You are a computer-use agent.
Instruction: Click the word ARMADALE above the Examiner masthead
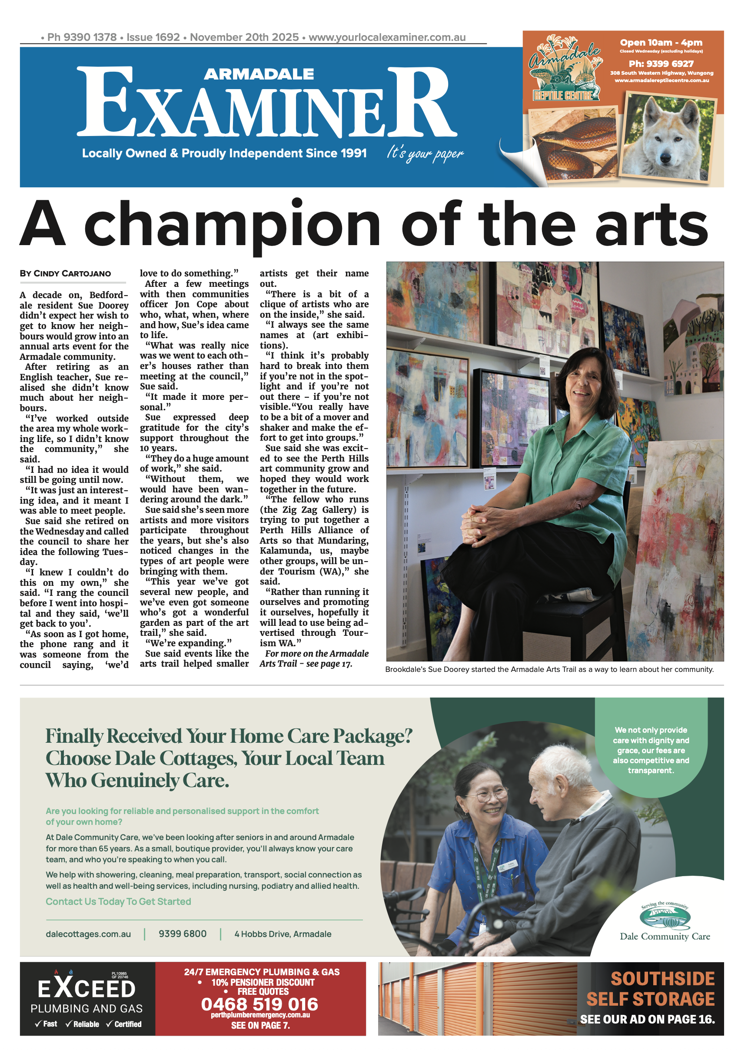(258, 74)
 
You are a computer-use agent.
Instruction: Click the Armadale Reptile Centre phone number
(661, 63)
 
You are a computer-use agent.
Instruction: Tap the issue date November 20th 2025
(244, 37)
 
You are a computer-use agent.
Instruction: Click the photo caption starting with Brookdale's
(549, 669)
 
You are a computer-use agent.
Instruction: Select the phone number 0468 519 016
(259, 1004)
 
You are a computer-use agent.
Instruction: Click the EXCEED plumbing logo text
(86, 988)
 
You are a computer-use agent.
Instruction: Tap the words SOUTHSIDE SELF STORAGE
(650, 988)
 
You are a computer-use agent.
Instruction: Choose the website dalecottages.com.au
(88, 934)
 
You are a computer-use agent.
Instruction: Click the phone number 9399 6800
(183, 934)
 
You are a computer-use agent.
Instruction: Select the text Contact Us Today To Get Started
(118, 901)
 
